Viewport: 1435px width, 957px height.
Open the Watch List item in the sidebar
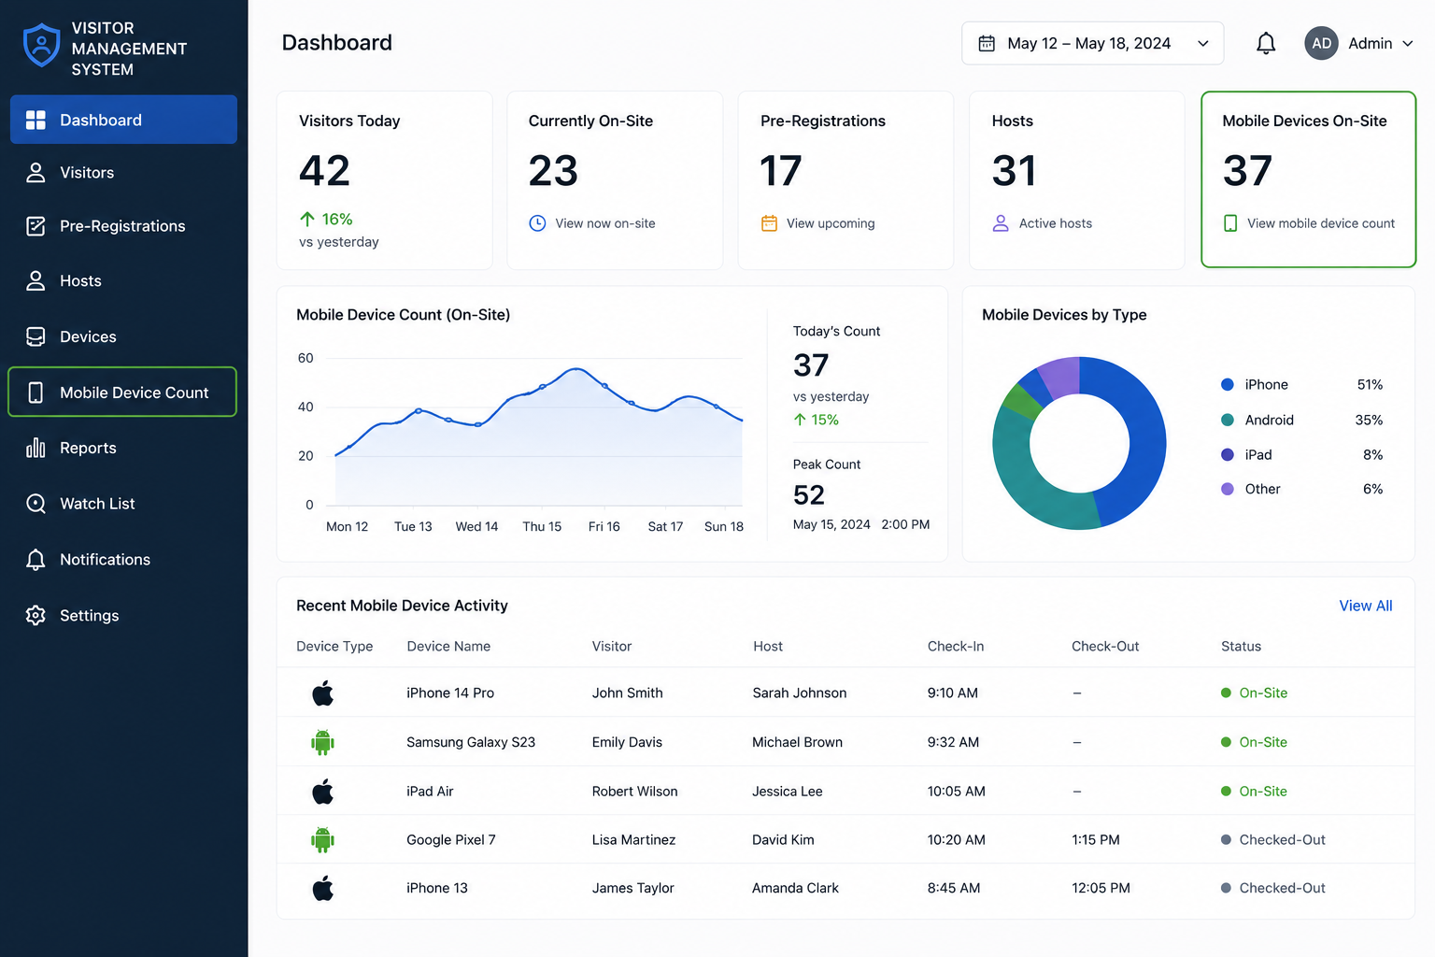[97, 504]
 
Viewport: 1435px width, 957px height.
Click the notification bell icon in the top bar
[1265, 44]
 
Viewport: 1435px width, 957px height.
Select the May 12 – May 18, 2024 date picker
[1092, 44]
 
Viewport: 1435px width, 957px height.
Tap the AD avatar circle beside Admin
[1321, 44]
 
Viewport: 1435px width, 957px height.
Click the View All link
[1365, 606]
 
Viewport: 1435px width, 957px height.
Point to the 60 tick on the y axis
[305, 358]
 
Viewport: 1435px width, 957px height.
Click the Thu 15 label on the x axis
[541, 526]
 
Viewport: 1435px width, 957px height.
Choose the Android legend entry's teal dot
[1228, 420]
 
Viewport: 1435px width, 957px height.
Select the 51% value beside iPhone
[1370, 385]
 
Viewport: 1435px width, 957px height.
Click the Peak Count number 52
[808, 494]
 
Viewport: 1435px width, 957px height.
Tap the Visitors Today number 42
[325, 170]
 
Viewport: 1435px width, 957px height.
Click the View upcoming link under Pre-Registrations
[831, 223]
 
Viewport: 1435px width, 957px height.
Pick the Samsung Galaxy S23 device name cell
[470, 742]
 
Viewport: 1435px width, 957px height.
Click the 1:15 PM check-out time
[1096, 839]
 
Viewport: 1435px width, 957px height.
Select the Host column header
[767, 646]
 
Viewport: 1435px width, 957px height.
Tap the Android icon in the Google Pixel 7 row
[322, 839]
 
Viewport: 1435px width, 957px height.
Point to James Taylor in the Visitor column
[632, 888]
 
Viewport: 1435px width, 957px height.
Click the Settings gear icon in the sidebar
[36, 615]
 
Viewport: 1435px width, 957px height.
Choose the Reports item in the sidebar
[88, 448]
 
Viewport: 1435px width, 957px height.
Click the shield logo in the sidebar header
[42, 45]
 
